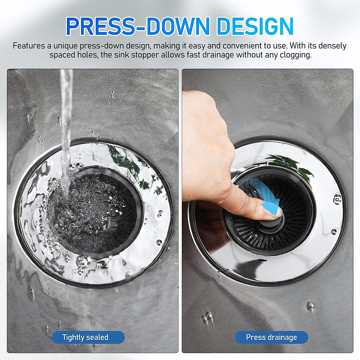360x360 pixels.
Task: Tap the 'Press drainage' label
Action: tap(271, 337)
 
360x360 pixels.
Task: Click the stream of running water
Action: tap(65, 126)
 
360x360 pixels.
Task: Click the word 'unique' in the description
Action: tap(66, 46)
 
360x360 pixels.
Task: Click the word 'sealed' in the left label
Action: tap(98, 337)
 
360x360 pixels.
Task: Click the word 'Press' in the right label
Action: tap(256, 337)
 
